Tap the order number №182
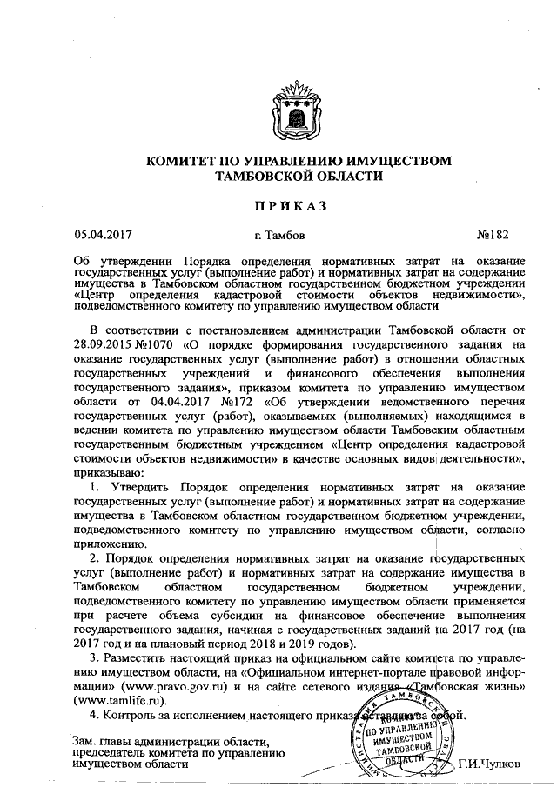point(497,235)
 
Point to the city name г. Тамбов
point(279,235)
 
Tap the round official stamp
point(401,732)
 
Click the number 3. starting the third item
point(96,658)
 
